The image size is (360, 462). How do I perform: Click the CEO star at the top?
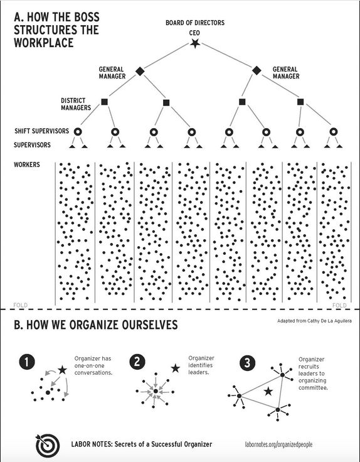pos(194,44)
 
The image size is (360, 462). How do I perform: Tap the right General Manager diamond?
pos(257,70)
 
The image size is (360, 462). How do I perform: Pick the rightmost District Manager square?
pos(300,102)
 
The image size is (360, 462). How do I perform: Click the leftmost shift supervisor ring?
pos(78,132)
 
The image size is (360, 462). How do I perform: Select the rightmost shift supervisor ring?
pos(333,132)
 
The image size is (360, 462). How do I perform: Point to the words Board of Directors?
pos(194,23)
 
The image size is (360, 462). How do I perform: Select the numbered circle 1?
pos(26,362)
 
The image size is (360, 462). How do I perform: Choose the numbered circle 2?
pos(137,362)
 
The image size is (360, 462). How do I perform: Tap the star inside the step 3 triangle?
pos(268,392)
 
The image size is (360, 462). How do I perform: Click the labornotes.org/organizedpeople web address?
pos(278,444)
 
